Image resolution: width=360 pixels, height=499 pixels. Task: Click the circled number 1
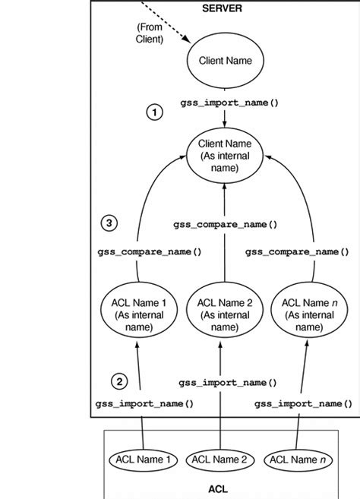(154, 112)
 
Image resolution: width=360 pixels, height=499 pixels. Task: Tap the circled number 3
(110, 223)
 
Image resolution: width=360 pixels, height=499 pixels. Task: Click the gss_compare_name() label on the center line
(225, 225)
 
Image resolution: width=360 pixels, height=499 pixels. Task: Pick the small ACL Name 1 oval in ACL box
(144, 459)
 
